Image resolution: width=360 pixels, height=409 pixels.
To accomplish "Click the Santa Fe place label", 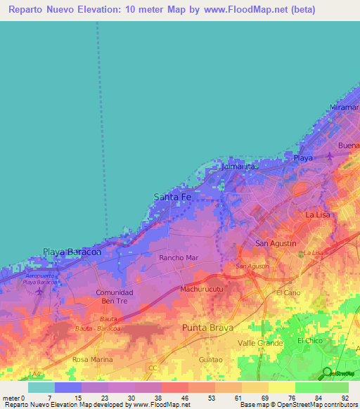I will coord(172,197).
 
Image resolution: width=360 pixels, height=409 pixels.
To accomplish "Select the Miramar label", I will coord(345,108).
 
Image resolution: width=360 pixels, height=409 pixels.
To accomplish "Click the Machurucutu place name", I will coord(202,289).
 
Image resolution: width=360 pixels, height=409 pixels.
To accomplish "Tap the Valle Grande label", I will coord(260,342).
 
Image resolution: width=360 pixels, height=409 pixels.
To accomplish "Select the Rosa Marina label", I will coord(93,359).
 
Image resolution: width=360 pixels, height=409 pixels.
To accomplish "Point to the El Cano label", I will coord(288,292).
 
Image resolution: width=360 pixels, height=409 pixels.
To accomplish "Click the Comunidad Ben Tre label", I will coord(115,296).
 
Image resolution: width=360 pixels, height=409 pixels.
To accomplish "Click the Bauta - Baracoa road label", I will coord(98,328).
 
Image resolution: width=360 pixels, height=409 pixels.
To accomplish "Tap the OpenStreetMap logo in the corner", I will coord(337,372).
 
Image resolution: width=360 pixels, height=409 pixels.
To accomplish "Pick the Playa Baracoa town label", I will coord(72,251).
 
